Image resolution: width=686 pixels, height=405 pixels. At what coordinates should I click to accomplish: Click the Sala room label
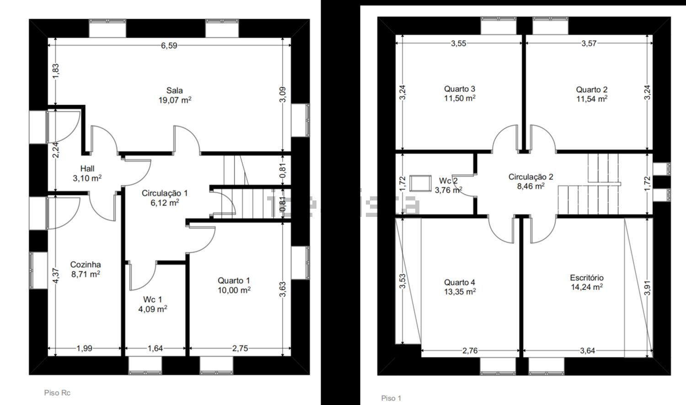pos(175,90)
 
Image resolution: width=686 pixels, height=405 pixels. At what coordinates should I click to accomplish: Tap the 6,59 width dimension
pos(169,46)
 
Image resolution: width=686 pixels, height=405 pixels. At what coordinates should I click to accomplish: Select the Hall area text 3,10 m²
pos(87,178)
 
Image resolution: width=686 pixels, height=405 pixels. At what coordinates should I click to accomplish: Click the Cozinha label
pos(86,264)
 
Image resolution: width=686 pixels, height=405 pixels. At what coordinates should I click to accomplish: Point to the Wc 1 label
pos(152,299)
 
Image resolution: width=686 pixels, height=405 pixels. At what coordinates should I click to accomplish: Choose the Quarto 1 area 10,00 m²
pos(234,290)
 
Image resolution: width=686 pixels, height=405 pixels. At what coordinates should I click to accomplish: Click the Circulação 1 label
pos(165,193)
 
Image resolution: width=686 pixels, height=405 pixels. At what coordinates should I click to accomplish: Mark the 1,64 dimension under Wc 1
pos(155,348)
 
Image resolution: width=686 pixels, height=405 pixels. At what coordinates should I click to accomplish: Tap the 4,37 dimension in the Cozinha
pos(55,275)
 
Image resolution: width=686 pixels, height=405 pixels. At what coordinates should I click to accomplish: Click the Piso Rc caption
pos(57,393)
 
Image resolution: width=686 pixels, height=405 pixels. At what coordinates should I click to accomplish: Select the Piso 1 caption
pos(391,398)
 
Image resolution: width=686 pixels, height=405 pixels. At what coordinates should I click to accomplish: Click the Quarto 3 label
pos(460,89)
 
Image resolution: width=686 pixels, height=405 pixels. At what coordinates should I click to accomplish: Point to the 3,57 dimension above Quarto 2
pos(589,43)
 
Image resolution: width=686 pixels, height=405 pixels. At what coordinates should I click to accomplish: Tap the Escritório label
pos(587,278)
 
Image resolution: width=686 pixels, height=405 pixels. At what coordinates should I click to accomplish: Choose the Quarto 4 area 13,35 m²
pos(460,292)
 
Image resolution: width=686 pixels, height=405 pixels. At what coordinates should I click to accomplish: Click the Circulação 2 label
pos(531,177)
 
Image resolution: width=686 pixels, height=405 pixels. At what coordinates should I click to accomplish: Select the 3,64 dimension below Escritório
pos(587,351)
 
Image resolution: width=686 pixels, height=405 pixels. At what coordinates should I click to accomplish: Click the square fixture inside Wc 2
pos(420,183)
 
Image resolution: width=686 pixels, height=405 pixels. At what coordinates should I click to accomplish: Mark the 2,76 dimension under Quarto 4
pos(470,351)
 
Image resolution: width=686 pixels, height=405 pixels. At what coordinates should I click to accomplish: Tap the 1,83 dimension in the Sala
pos(55,71)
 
